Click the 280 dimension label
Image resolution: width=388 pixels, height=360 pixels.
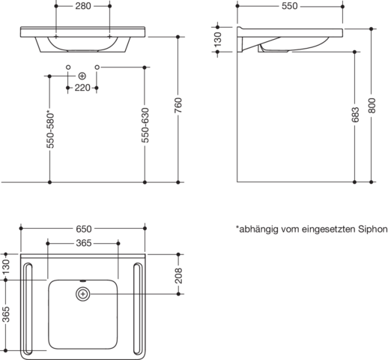(83, 6)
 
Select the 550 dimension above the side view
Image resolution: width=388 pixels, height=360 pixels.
(290, 6)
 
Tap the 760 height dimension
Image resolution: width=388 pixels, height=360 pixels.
(178, 105)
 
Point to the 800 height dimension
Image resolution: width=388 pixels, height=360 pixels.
(372, 106)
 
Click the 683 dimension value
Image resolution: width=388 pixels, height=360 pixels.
(355, 115)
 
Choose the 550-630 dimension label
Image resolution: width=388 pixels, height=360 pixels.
(145, 125)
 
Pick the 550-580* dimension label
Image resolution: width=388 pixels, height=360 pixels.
(50, 130)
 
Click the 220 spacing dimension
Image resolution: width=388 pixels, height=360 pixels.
(82, 88)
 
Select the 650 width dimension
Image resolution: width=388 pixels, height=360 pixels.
(84, 229)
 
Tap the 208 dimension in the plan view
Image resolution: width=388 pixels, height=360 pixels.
(178, 275)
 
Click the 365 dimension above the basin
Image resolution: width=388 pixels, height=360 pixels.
(84, 243)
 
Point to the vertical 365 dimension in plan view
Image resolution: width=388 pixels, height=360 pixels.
(5, 314)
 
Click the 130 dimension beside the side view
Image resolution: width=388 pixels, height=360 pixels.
(218, 39)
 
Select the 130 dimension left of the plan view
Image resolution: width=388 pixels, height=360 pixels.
(5, 267)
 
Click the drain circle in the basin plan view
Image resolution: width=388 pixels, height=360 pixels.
(83, 294)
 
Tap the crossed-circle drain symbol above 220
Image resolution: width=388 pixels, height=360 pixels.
(82, 76)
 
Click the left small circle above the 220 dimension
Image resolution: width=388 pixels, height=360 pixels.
(68, 67)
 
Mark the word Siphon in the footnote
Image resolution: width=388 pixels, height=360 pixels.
(373, 229)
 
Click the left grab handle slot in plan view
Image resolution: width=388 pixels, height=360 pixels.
(28, 309)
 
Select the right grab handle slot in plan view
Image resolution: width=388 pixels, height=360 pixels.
(138, 309)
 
